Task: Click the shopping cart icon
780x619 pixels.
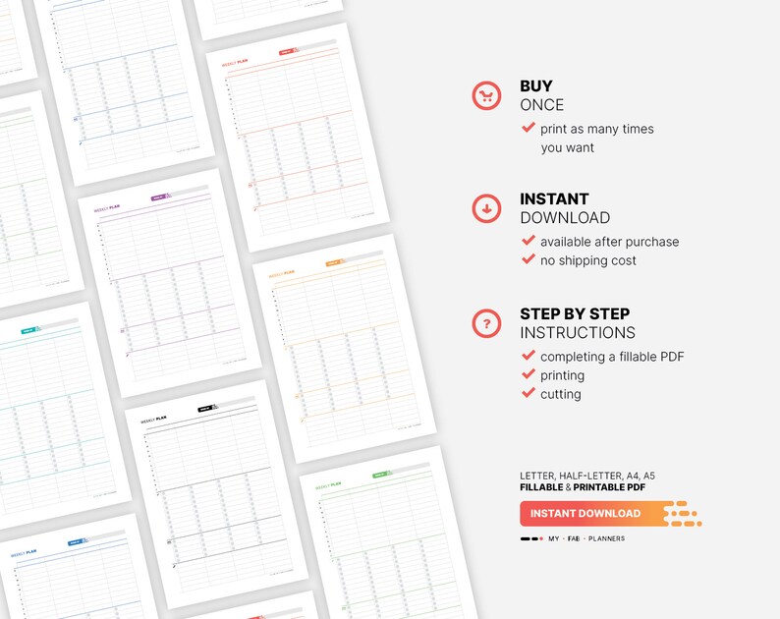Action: click(486, 95)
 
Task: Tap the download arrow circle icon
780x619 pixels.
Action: click(486, 208)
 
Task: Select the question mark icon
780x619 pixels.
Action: click(486, 322)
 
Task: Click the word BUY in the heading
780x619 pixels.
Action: click(536, 86)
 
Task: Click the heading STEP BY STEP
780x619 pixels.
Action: click(575, 314)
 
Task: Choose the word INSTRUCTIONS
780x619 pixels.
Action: click(578, 333)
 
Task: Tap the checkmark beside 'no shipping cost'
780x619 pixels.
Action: click(529, 259)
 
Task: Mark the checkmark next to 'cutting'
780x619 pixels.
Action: click(529, 393)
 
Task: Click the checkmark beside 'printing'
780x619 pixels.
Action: click(529, 374)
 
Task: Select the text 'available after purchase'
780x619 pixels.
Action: click(609, 242)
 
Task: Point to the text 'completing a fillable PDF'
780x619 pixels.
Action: click(612, 357)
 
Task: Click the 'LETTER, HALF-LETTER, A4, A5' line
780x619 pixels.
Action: click(587, 476)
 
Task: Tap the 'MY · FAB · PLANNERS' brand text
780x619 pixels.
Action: click(586, 538)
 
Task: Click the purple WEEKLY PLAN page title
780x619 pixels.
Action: click(107, 208)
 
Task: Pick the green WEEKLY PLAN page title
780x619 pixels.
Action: click(328, 484)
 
